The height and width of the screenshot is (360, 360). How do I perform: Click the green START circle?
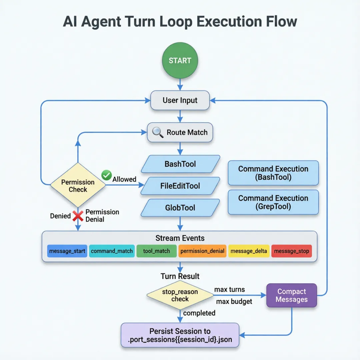[x=180, y=61]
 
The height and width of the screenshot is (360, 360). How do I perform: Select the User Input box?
[x=180, y=100]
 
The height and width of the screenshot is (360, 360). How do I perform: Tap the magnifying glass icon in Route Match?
[x=158, y=132]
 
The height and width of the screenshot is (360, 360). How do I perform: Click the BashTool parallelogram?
[x=180, y=164]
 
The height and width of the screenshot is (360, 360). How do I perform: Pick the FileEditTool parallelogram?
[x=180, y=186]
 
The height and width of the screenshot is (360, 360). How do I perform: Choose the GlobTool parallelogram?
[x=180, y=208]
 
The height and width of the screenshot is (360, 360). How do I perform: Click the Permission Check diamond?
[x=78, y=185]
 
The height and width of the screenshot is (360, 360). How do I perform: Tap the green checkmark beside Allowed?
[x=106, y=175]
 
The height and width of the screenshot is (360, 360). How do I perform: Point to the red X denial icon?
[x=78, y=216]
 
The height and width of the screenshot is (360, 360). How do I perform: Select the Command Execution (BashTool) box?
[x=273, y=173]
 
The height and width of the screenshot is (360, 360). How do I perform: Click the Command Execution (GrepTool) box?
[x=273, y=202]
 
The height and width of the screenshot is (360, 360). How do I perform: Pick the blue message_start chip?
[x=67, y=251]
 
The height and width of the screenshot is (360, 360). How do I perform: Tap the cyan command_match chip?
[x=112, y=251]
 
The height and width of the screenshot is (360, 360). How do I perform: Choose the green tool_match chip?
[x=156, y=251]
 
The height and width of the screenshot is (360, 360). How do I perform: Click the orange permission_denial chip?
[x=202, y=251]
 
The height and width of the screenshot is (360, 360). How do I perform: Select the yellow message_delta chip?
[x=249, y=251]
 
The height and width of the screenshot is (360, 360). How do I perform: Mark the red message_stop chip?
[x=292, y=251]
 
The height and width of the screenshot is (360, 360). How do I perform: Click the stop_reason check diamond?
[x=180, y=295]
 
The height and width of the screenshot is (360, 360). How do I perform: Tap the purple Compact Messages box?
[x=292, y=295]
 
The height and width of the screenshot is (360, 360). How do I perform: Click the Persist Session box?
[x=180, y=335]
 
